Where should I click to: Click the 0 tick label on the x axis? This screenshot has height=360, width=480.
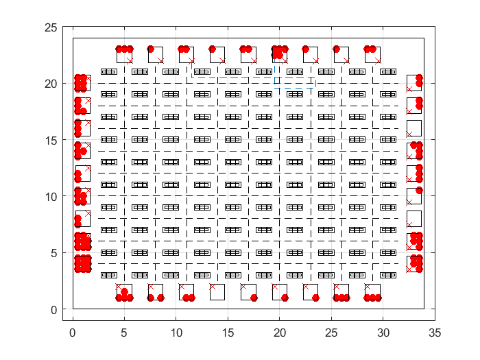(x=73, y=334)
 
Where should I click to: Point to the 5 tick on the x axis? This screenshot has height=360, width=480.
(x=124, y=334)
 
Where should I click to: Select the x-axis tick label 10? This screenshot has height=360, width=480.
(x=176, y=334)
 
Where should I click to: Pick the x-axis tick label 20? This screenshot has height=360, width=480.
(x=279, y=334)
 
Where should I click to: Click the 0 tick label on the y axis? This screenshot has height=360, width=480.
(x=53, y=310)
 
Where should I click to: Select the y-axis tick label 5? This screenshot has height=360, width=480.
(x=53, y=253)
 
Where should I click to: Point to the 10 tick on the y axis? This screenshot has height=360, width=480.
(x=50, y=197)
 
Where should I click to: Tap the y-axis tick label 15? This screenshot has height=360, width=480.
(x=50, y=140)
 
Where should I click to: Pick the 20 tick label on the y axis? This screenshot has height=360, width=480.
(x=50, y=84)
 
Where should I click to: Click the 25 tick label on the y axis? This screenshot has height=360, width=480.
(x=50, y=27)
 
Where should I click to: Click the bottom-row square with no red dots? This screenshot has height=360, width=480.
(x=217, y=292)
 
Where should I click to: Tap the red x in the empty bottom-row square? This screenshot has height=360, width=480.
(x=213, y=287)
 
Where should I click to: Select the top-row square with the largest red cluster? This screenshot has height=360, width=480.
(x=279, y=53)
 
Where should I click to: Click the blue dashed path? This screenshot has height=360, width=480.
(x=295, y=80)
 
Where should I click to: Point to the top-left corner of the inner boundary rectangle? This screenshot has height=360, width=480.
(x=73, y=38)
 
